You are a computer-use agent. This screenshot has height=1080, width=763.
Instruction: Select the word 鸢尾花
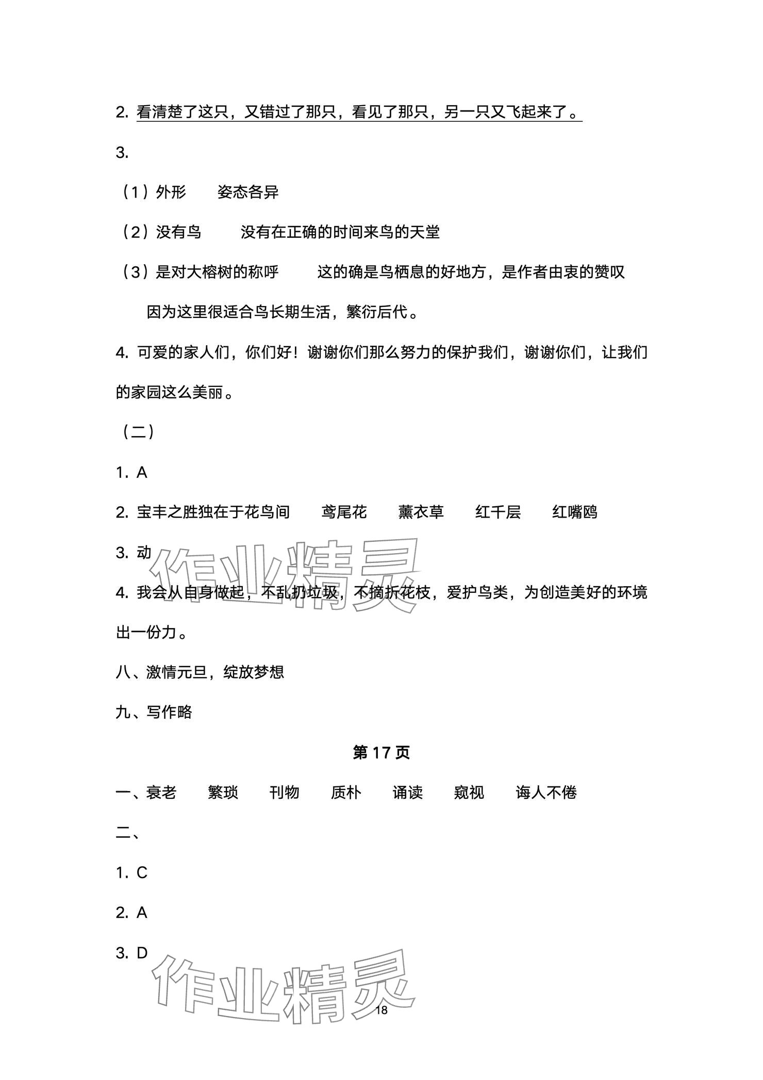(x=344, y=512)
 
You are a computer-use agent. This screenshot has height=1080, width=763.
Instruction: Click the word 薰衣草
(x=421, y=512)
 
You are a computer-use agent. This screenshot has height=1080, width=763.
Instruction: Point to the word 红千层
(x=498, y=512)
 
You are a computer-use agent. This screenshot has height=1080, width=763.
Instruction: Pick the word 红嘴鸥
(x=575, y=512)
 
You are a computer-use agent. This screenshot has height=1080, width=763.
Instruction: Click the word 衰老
(x=161, y=793)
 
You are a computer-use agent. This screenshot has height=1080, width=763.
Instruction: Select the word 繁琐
(x=223, y=793)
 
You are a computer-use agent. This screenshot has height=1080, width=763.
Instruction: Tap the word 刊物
(x=284, y=793)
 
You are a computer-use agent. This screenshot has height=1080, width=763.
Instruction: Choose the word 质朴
(x=346, y=793)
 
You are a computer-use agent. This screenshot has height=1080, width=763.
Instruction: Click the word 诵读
(x=407, y=793)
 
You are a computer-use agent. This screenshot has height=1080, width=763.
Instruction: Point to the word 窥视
(x=469, y=793)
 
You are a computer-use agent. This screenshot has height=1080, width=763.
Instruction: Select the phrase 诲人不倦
(x=546, y=793)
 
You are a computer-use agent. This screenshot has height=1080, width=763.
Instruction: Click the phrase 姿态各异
(x=248, y=192)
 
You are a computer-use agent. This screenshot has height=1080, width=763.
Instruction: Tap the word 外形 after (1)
(x=171, y=192)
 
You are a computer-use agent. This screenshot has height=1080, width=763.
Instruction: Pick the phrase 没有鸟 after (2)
(x=178, y=232)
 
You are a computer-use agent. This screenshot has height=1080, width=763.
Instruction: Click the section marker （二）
(x=137, y=432)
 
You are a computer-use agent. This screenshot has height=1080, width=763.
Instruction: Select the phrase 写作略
(x=169, y=713)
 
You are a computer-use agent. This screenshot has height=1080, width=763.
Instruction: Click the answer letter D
(x=142, y=953)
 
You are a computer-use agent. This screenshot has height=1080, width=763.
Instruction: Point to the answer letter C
(x=142, y=873)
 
